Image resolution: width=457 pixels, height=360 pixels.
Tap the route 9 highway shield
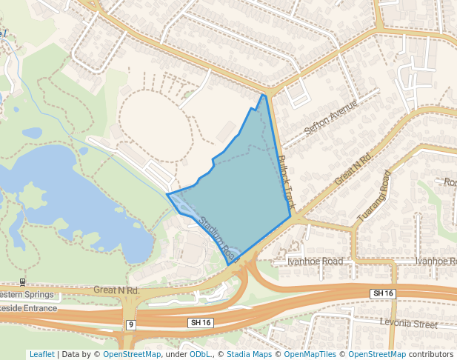point(130,324)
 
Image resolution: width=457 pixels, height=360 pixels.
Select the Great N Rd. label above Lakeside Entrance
point(117,290)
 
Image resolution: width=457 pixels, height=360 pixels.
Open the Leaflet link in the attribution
point(41,354)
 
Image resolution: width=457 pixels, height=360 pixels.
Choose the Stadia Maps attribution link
point(248,354)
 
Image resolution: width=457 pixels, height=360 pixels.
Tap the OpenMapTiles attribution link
point(310,354)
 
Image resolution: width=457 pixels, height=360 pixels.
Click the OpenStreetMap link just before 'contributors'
point(377,354)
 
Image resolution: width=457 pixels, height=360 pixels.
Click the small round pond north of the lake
point(32,133)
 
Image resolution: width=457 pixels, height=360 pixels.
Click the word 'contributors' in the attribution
point(430,354)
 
